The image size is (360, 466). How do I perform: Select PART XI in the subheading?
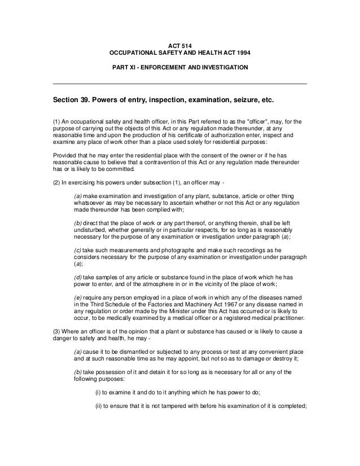click(x=126, y=68)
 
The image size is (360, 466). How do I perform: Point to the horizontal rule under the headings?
click(x=179, y=83)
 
